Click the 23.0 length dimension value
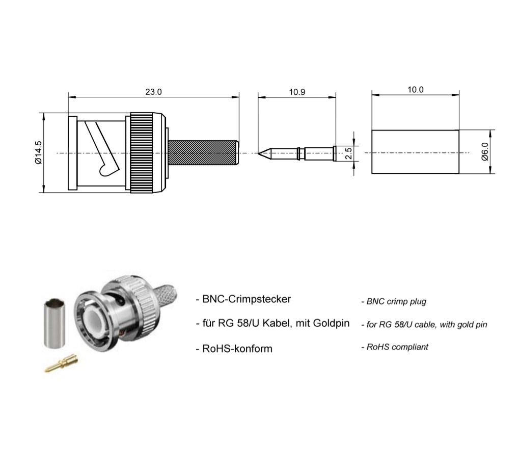point(153,92)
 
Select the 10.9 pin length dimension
point(297,92)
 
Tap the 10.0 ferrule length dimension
point(416,90)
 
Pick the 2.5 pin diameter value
point(349,153)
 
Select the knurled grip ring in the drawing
point(148,152)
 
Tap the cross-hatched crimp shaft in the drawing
point(203,152)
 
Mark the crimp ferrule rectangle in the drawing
point(415,152)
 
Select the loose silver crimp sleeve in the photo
point(56,323)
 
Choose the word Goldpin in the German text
point(331,324)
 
